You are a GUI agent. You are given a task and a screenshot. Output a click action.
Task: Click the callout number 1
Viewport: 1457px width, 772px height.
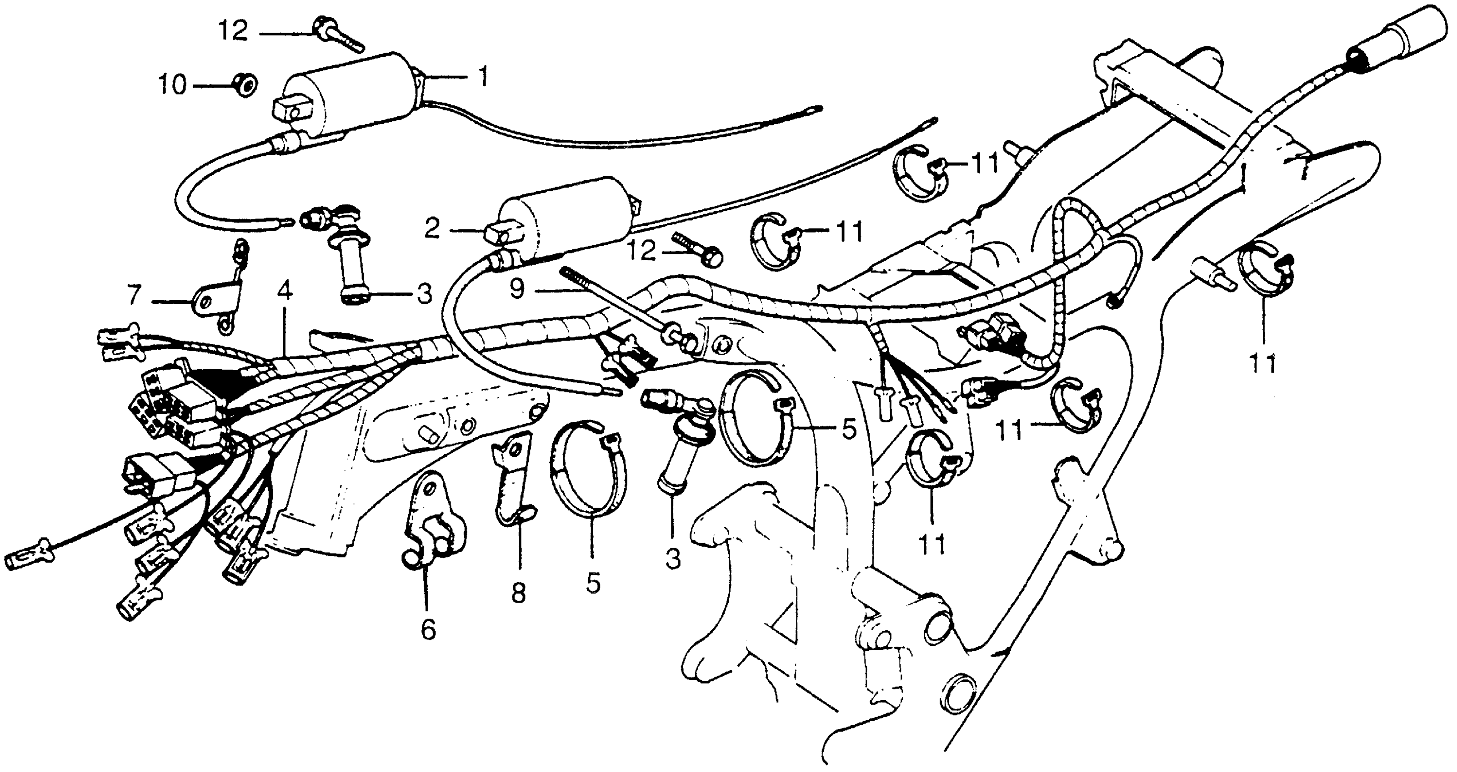pos(482,76)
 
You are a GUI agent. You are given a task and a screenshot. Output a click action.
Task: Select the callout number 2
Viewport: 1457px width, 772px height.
pos(433,229)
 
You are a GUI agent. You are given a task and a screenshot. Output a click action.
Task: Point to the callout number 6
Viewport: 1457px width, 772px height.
pos(428,629)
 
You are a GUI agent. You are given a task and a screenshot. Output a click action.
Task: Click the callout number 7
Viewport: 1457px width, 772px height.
pos(134,296)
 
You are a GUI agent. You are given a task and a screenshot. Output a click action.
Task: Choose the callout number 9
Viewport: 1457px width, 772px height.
pos(517,289)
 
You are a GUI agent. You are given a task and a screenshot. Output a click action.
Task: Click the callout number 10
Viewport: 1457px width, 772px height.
pos(172,86)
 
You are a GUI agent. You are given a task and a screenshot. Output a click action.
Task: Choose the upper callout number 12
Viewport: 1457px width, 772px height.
pos(233,31)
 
